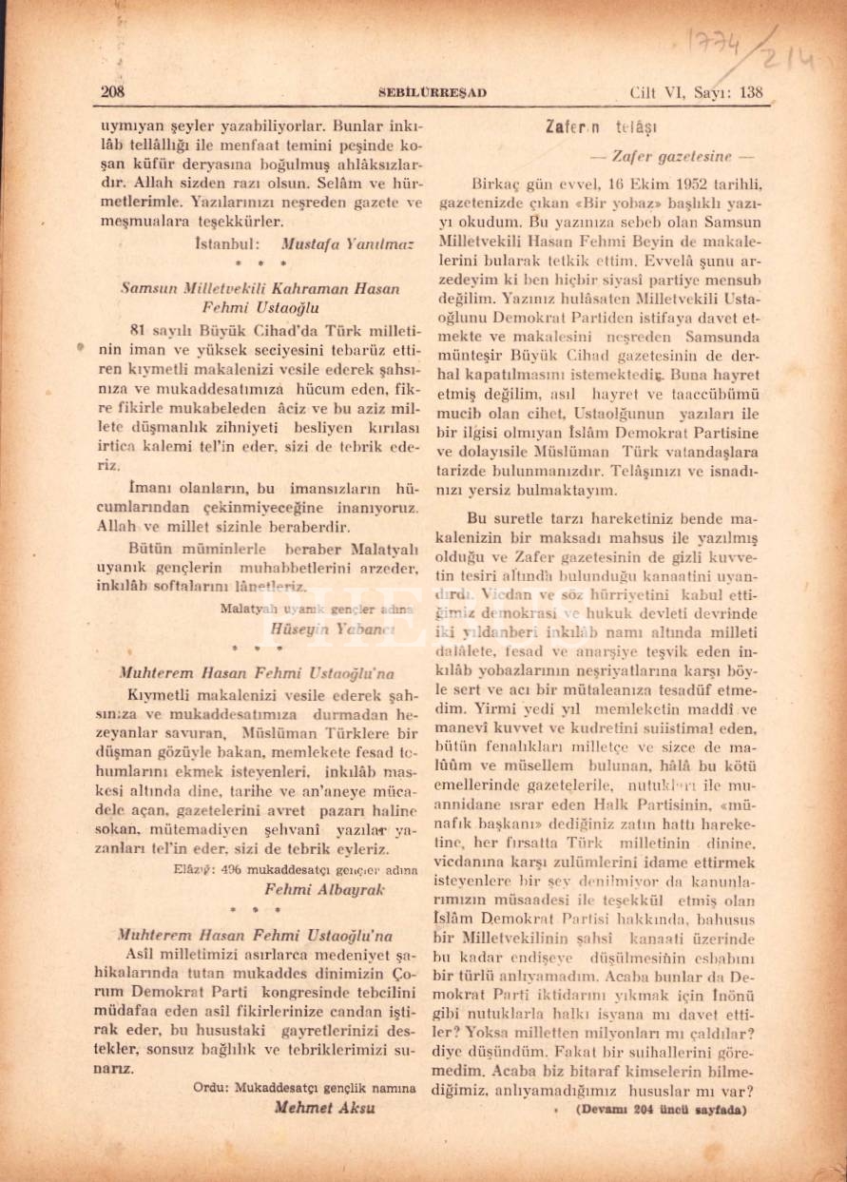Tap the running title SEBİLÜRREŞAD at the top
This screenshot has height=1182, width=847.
pos(433,92)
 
